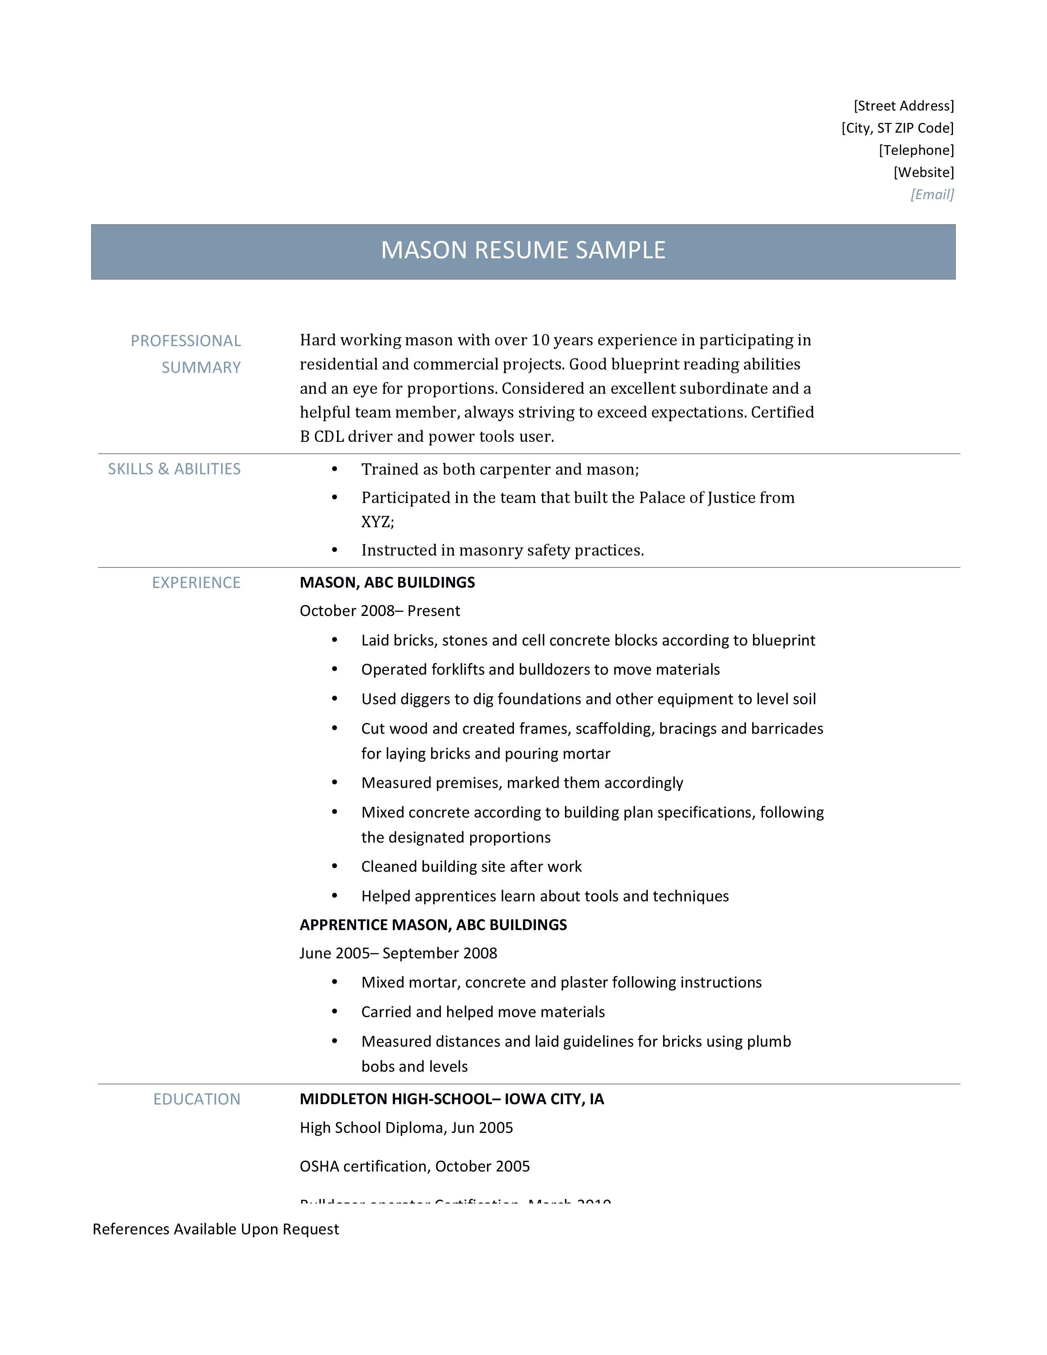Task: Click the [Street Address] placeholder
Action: point(903,106)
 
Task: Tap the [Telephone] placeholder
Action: point(916,150)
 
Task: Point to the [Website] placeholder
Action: point(923,172)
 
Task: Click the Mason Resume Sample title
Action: point(523,250)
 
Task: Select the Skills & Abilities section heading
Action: point(174,469)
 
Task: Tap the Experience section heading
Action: point(196,583)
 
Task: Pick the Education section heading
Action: point(197,1099)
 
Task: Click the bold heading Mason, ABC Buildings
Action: point(387,583)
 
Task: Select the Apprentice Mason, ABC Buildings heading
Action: point(433,925)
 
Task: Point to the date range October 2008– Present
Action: point(380,611)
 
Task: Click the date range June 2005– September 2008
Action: point(398,953)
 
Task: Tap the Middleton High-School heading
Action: point(452,1099)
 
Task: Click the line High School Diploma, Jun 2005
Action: point(406,1128)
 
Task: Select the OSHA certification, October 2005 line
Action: point(414,1167)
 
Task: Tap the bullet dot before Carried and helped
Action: point(335,1011)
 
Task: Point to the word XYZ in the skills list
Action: point(377,522)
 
